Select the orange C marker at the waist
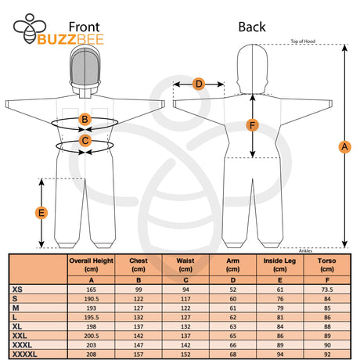tap(85, 141)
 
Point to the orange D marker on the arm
tap(199, 84)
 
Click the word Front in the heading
tap(85, 27)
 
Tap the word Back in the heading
tap(251, 27)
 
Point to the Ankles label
tap(305, 250)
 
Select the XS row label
tap(19, 290)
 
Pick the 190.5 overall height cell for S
tap(92, 299)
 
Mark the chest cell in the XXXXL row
tap(139, 354)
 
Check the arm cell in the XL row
tap(233, 326)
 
